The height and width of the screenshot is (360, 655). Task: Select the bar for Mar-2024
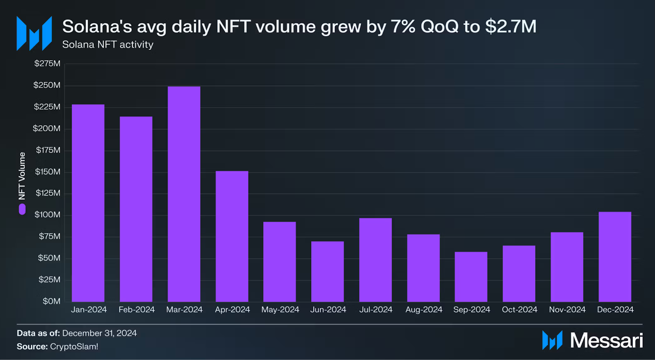(x=184, y=194)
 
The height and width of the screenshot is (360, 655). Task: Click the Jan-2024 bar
(x=88, y=203)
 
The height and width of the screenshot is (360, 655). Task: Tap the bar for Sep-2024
(x=471, y=277)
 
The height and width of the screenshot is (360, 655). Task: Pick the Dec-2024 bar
(x=614, y=256)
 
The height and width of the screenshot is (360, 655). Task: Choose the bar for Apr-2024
(x=232, y=236)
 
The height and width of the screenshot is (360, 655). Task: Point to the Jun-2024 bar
(x=327, y=271)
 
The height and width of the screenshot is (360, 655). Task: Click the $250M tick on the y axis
(x=47, y=85)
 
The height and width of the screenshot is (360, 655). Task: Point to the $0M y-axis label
(x=51, y=301)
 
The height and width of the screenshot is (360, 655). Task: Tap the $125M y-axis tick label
(x=47, y=193)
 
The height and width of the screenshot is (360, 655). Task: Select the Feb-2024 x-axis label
(x=136, y=310)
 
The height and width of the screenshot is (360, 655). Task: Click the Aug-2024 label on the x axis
(x=424, y=310)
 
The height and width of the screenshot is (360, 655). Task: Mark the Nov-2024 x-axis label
(x=567, y=310)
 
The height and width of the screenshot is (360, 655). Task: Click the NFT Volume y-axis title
(x=22, y=176)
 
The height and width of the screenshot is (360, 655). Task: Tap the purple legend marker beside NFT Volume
(x=22, y=209)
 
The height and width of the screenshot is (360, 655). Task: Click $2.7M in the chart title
(x=510, y=27)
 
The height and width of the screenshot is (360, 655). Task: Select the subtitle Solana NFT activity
(x=108, y=45)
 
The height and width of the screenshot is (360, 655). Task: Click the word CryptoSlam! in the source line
(x=74, y=346)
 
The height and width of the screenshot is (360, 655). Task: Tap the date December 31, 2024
(x=99, y=333)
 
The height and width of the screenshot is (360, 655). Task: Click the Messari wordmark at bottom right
(x=606, y=340)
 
